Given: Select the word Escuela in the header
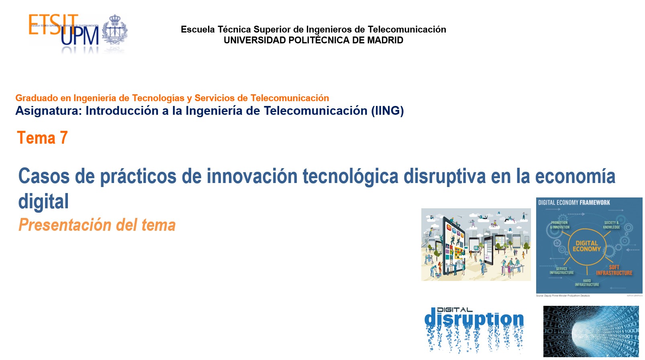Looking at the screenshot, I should click(x=198, y=29).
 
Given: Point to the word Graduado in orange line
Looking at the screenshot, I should click(x=37, y=98).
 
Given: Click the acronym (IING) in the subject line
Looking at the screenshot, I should click(x=387, y=111).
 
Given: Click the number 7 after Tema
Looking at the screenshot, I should click(x=63, y=138).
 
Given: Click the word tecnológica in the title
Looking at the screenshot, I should click(x=350, y=176).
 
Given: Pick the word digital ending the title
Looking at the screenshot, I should click(x=43, y=201).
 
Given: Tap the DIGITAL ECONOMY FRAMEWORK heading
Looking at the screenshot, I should click(x=574, y=203).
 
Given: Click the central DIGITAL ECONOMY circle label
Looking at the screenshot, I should click(x=587, y=246).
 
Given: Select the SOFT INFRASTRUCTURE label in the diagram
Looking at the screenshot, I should click(x=614, y=270).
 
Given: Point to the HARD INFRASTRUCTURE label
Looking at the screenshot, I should click(x=587, y=283).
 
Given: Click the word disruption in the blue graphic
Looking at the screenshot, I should click(x=474, y=319).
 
